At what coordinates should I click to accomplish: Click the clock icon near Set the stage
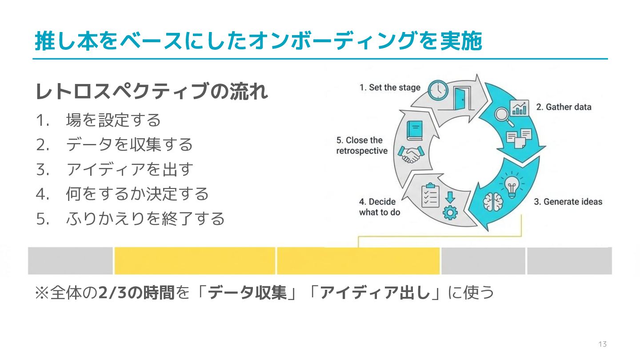click(438, 90)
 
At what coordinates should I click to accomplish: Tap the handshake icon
click(410, 154)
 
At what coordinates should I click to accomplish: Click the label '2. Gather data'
click(564, 107)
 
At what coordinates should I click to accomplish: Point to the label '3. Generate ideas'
click(568, 202)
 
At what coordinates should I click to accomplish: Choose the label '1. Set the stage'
click(390, 88)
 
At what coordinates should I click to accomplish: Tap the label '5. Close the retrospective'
click(361, 146)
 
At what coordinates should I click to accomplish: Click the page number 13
click(603, 344)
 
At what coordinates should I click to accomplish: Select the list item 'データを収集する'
click(129, 144)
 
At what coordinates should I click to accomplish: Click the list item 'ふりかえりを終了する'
click(145, 219)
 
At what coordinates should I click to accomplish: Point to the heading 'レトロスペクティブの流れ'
click(152, 92)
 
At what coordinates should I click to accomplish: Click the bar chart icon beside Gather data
click(520, 108)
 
